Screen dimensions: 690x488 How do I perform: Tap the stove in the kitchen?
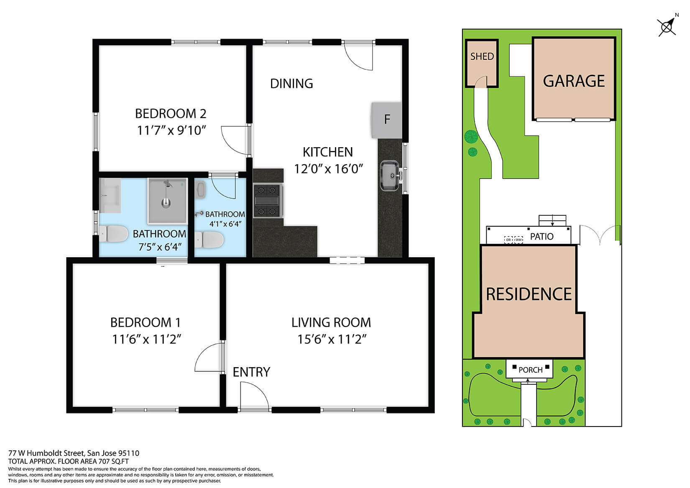pyautogui.click(x=268, y=201)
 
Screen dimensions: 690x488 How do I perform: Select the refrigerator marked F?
pyautogui.click(x=386, y=120)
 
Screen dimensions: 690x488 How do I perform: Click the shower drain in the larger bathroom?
pyautogui.click(x=166, y=203)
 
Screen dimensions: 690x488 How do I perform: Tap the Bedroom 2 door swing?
pyautogui.click(x=235, y=140)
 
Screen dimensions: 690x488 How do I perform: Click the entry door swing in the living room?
pyautogui.click(x=254, y=395)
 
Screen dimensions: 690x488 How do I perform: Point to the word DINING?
pyautogui.click(x=291, y=84)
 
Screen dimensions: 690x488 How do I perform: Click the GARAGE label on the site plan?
pyautogui.click(x=574, y=81)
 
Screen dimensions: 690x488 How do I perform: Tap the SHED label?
pyautogui.click(x=482, y=56)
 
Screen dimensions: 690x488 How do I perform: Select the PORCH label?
pyautogui.click(x=530, y=370)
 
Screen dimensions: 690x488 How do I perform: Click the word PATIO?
pyautogui.click(x=542, y=237)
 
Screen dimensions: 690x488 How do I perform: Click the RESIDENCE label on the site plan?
pyautogui.click(x=529, y=294)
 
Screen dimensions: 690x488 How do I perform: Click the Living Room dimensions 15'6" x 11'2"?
pyautogui.click(x=332, y=339)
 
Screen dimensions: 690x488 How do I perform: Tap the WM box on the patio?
pyautogui.click(x=519, y=239)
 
